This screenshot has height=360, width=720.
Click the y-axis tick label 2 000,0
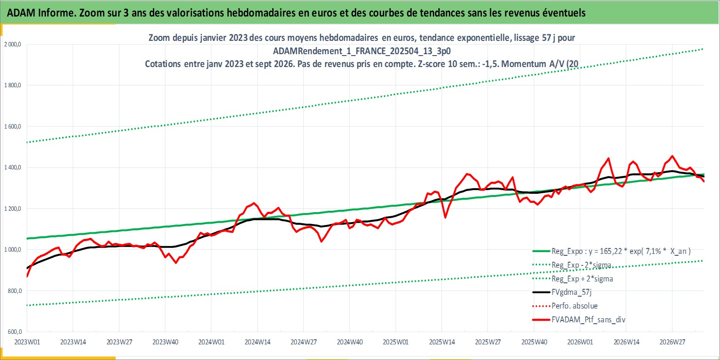(12, 45)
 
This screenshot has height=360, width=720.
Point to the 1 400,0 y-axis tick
(12, 167)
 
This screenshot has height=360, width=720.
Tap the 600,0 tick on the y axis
(15, 332)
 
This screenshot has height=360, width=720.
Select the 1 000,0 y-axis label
(12, 250)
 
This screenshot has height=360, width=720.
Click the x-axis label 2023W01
(27, 342)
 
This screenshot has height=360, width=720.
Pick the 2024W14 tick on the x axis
(257, 342)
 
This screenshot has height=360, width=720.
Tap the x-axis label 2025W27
(488, 342)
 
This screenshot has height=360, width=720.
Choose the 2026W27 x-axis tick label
(672, 342)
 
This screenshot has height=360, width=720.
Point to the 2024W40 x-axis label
(350, 342)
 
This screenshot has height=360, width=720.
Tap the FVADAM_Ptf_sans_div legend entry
(579, 320)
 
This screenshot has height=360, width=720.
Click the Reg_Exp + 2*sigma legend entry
(572, 279)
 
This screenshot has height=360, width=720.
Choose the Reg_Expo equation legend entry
(611, 251)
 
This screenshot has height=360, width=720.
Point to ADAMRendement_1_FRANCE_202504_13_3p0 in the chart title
(362, 51)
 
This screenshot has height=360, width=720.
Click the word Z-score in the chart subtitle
(431, 64)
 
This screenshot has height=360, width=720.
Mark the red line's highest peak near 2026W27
(672, 156)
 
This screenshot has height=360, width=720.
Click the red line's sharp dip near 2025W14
(445, 218)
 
